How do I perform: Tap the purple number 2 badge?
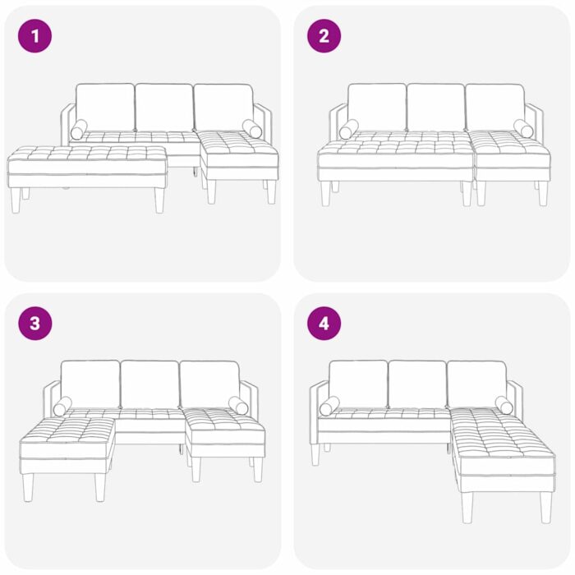tap(324, 36)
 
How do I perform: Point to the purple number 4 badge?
tap(324, 324)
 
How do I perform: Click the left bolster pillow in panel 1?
tap(79, 130)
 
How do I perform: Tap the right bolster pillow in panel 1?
tap(251, 129)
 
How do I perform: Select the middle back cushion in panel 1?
tap(164, 107)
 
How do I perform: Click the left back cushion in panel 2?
tap(376, 107)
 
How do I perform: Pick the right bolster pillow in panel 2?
tap(523, 128)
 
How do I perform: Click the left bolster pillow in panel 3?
tap(62, 406)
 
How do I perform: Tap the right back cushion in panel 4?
tap(477, 384)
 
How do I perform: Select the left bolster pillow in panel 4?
tap(329, 406)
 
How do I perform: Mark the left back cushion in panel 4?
tap(358, 384)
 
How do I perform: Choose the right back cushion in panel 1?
tap(223, 107)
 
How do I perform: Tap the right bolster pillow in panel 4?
tap(504, 405)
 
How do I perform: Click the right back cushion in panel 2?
tap(494, 107)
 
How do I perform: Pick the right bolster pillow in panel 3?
tap(238, 406)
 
